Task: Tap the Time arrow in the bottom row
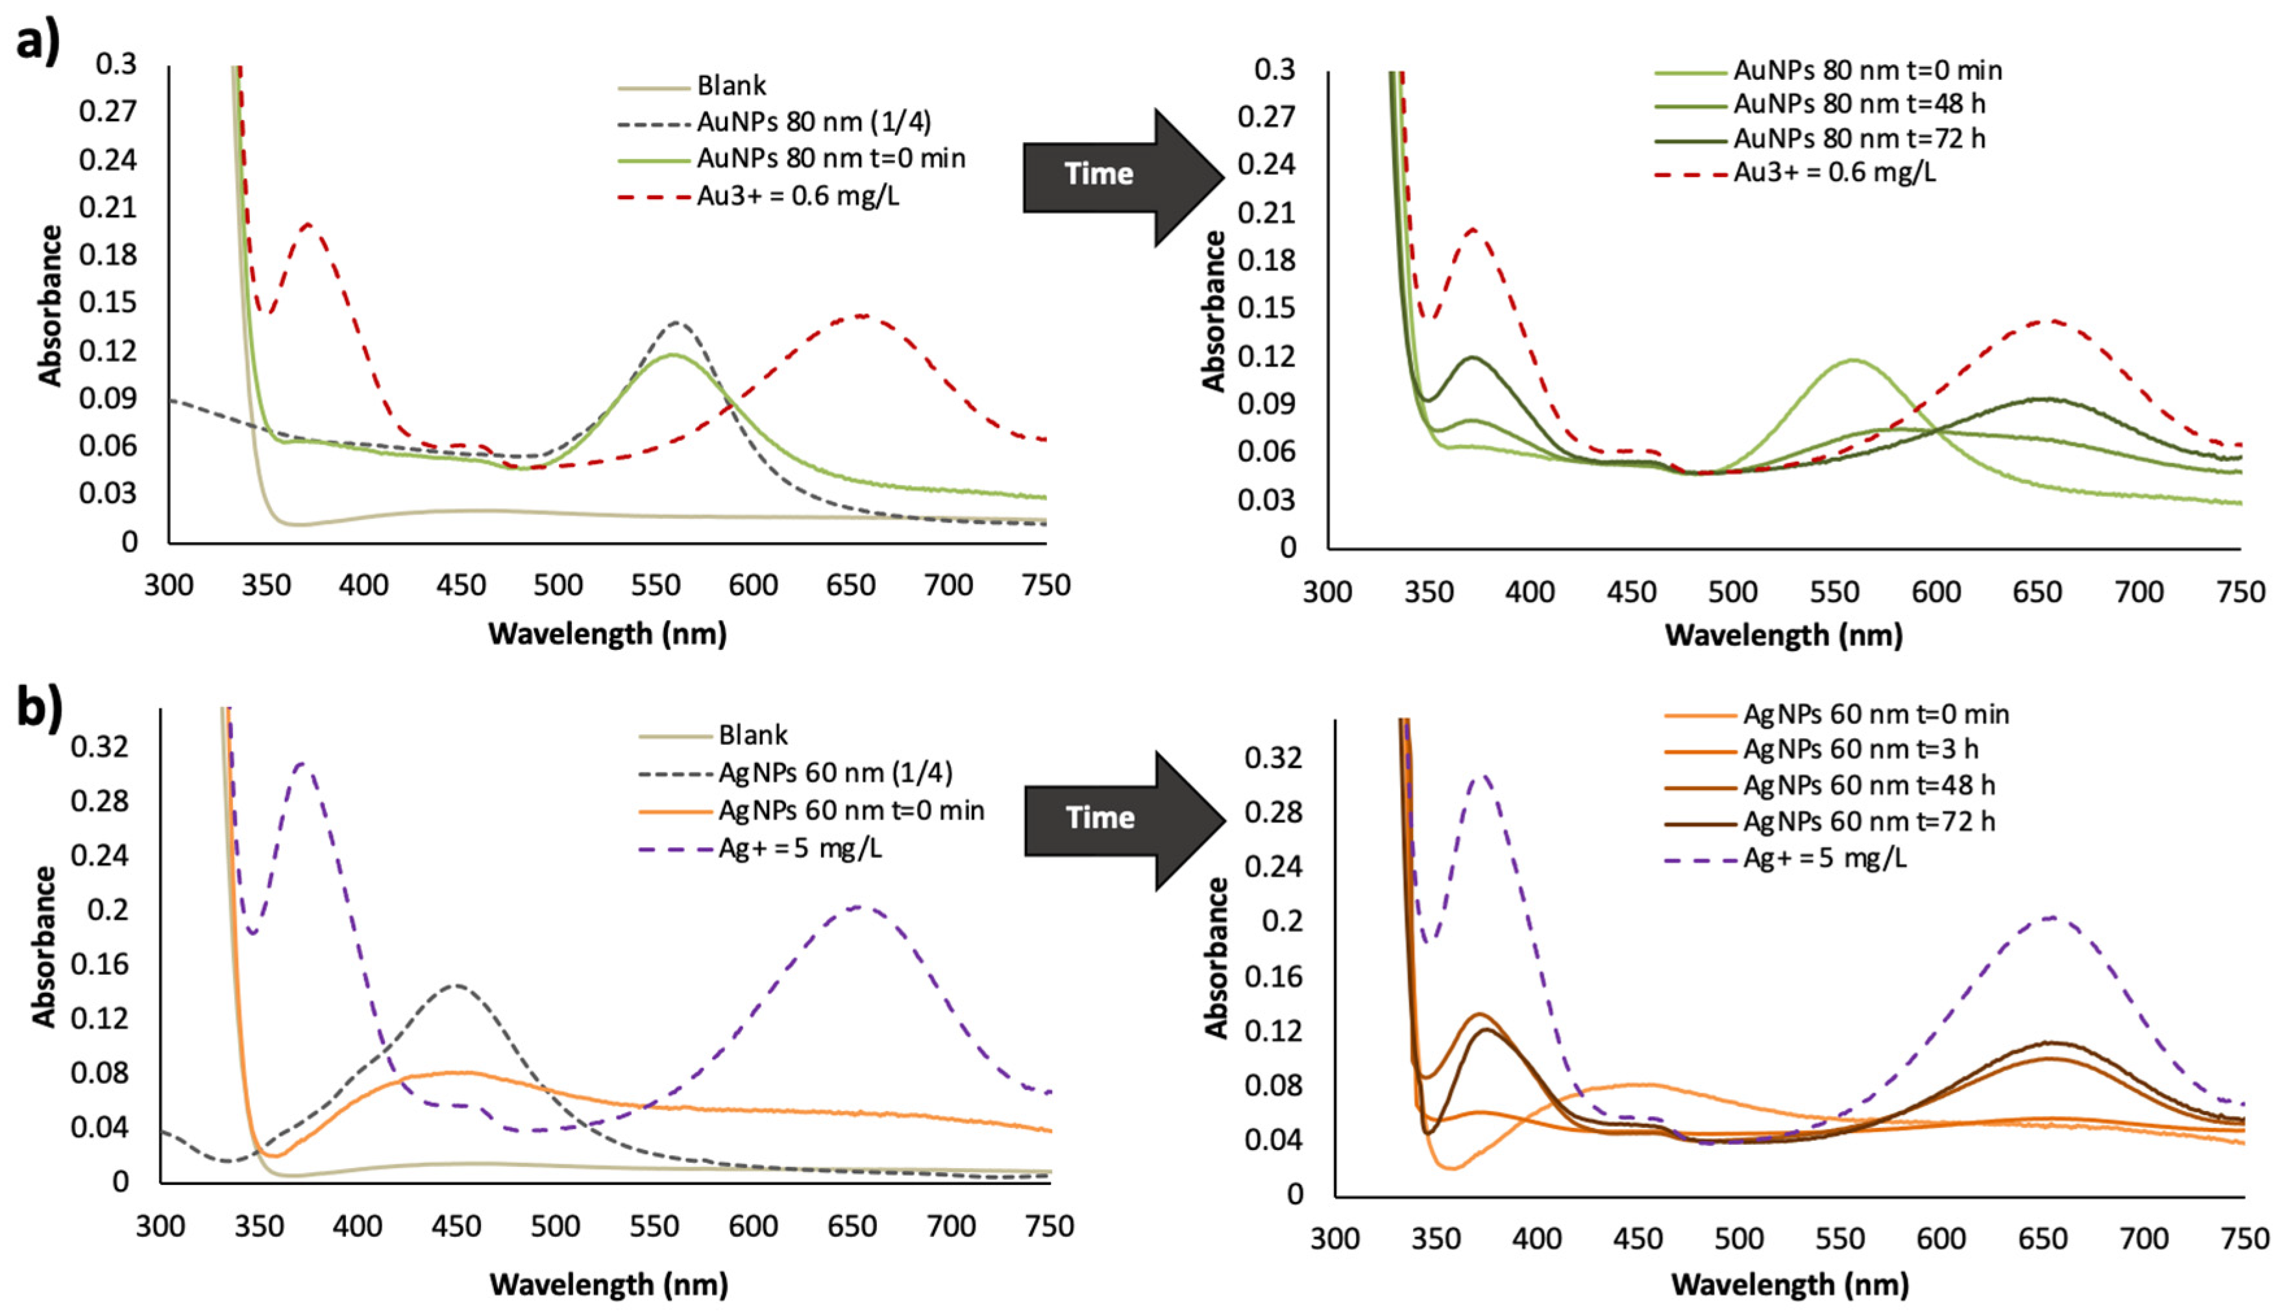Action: [x=1122, y=818]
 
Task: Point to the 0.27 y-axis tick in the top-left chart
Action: [x=108, y=112]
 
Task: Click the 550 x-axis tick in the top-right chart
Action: [x=1835, y=593]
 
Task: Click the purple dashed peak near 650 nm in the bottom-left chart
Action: [x=855, y=907]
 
